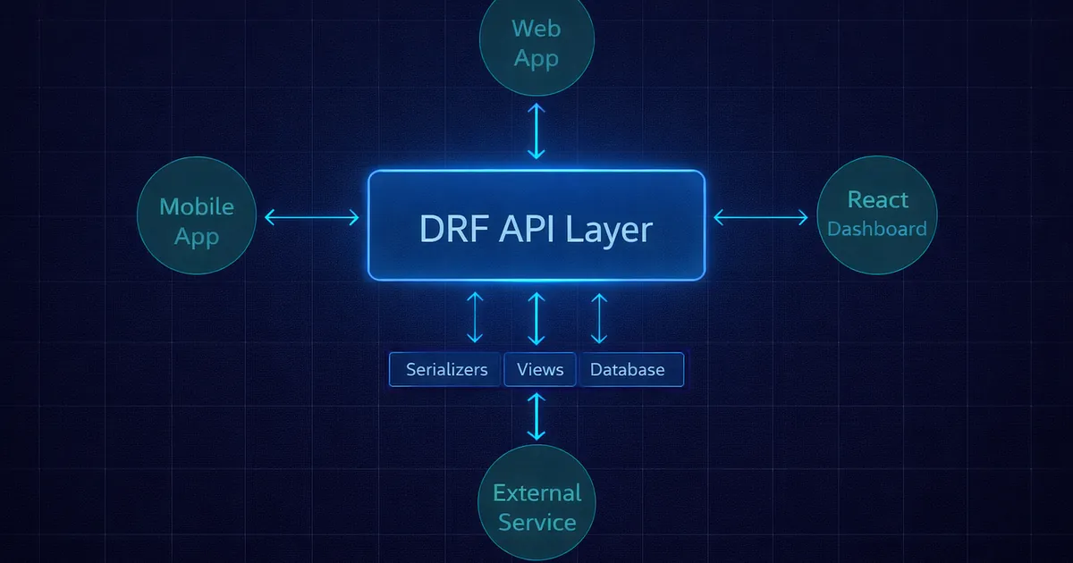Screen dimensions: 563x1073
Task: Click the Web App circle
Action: click(x=536, y=42)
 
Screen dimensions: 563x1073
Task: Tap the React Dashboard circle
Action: click(x=876, y=214)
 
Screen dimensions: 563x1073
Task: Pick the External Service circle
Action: click(x=536, y=506)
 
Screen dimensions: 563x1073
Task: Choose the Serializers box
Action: click(x=446, y=369)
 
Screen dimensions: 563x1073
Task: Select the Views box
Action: click(x=540, y=369)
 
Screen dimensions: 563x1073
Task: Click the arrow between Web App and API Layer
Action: click(x=536, y=130)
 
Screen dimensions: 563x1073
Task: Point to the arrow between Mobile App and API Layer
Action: click(x=312, y=217)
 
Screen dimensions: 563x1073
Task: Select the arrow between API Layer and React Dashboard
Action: click(x=761, y=217)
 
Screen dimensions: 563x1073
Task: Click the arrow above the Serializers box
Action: click(x=475, y=317)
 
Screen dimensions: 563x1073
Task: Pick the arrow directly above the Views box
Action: click(x=536, y=317)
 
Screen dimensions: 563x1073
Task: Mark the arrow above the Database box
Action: click(x=599, y=317)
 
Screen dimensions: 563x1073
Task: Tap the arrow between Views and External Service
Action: click(x=536, y=416)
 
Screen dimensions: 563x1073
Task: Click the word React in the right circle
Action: click(x=877, y=199)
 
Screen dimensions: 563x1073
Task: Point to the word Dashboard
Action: click(x=876, y=229)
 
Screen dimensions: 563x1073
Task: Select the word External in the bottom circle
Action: click(x=536, y=492)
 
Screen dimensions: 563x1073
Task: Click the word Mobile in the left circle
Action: click(x=197, y=206)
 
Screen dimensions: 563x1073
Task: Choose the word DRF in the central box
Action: click(x=452, y=229)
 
